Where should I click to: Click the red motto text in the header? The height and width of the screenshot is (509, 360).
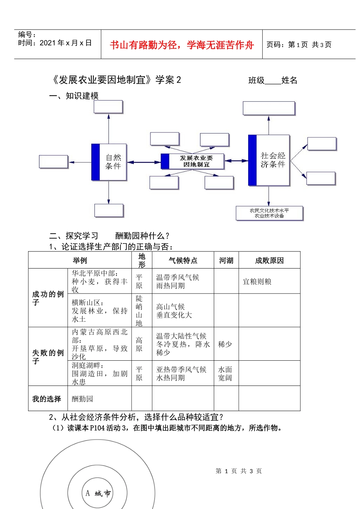[182, 45]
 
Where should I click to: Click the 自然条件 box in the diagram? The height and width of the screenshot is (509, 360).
[109, 162]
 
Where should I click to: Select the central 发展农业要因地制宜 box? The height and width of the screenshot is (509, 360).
[193, 161]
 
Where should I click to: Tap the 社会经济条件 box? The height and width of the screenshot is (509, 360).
[269, 160]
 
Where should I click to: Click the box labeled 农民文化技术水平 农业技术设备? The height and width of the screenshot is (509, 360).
[269, 213]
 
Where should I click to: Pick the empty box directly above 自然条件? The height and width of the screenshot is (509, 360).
[108, 107]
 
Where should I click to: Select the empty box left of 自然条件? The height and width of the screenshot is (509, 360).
[53, 162]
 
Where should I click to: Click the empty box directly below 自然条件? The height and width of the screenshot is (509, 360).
[109, 211]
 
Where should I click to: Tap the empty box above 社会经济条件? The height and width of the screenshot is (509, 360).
[269, 108]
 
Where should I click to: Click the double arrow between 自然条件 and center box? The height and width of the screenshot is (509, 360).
[144, 162]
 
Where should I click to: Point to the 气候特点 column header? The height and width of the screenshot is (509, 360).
[183, 261]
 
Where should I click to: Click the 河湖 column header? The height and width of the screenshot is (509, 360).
[226, 261]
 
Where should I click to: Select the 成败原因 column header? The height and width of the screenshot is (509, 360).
[269, 261]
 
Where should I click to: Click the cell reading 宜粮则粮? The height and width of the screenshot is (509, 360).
[257, 282]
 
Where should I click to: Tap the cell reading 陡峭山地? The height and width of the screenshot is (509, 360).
[139, 311]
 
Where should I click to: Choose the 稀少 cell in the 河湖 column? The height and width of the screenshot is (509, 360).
[225, 344]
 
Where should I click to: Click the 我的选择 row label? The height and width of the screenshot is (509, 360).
[47, 399]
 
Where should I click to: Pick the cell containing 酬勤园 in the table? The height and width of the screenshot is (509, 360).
[83, 399]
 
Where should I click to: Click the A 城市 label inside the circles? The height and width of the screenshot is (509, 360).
[98, 493]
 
